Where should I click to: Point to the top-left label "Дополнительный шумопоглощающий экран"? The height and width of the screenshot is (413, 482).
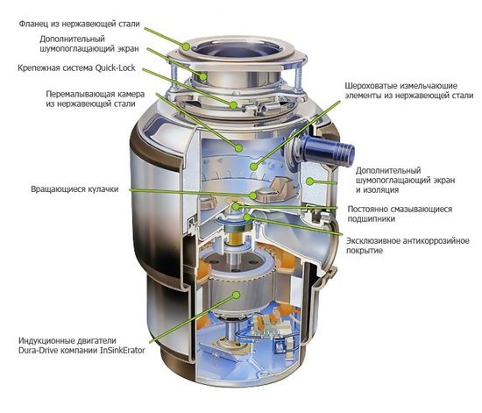(x=86, y=45)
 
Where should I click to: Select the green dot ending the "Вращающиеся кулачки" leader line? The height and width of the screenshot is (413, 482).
(x=254, y=196)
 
